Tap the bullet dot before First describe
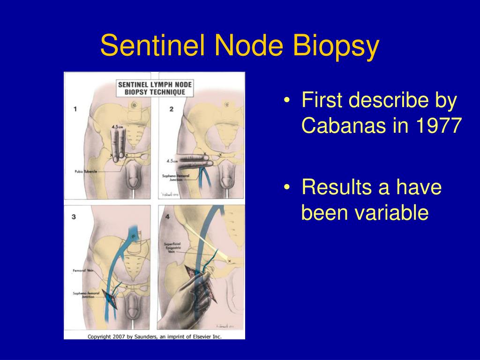pos(287,101)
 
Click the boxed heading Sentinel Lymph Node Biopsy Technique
pos(151,88)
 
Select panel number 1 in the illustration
pos(75,109)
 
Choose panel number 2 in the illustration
pos(172,109)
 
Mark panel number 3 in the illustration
pos(74,217)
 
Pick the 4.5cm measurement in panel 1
pos(118,127)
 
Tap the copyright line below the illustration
pos(154,336)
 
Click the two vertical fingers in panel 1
pos(119,145)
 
